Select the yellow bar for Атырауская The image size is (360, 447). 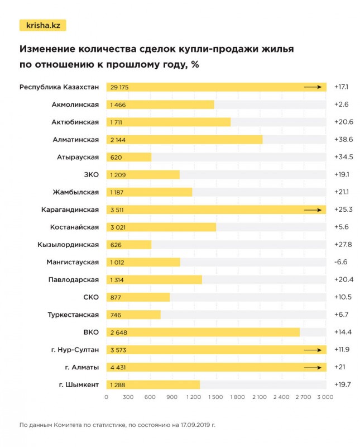click(129, 157)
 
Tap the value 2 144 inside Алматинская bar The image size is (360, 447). click(119, 140)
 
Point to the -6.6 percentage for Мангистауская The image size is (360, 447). click(342, 262)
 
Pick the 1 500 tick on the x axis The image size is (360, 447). click(215, 397)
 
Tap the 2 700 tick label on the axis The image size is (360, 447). click(303, 397)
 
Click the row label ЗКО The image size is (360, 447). click(90, 175)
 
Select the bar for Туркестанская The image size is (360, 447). click(133, 315)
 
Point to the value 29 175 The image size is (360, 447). click(119, 87)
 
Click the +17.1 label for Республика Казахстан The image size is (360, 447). click(342, 87)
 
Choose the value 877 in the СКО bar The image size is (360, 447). click(116, 297)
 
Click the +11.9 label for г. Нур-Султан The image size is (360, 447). click(342, 350)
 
